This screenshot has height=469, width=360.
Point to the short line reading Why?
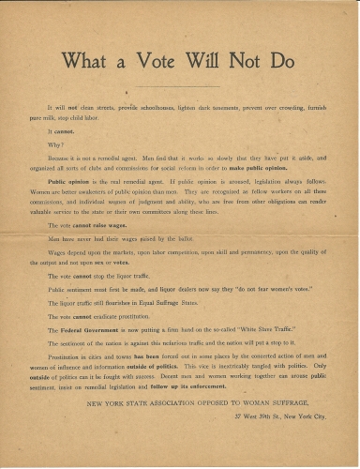[x=54, y=144]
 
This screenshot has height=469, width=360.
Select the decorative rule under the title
[x=179, y=84]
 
